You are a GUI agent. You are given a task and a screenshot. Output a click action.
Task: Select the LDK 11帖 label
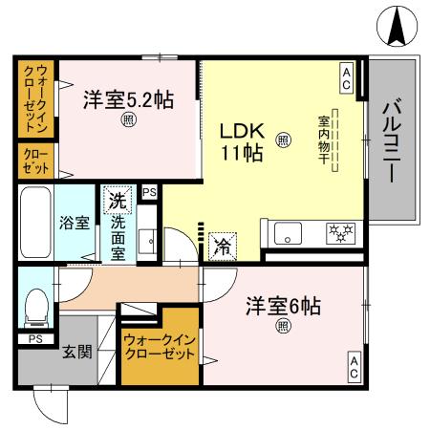click(x=242, y=141)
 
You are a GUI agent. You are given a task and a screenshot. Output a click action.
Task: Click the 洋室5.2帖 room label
click(x=127, y=98)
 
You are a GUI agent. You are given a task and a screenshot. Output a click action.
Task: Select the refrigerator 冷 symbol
click(x=221, y=245)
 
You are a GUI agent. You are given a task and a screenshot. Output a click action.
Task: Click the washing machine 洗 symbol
click(x=117, y=202)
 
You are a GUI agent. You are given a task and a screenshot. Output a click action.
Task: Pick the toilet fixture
click(x=35, y=307)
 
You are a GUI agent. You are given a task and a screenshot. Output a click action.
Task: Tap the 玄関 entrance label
click(x=77, y=352)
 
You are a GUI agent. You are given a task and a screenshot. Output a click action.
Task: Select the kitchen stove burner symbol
click(x=340, y=232)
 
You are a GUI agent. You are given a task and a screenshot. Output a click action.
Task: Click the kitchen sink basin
click(x=286, y=233)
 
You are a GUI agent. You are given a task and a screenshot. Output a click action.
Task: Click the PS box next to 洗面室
click(x=148, y=193)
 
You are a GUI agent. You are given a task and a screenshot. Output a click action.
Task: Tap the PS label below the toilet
click(x=34, y=338)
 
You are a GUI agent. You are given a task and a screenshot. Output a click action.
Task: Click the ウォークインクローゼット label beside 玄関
click(x=158, y=346)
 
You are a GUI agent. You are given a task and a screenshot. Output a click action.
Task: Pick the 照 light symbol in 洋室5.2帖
click(x=127, y=120)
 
